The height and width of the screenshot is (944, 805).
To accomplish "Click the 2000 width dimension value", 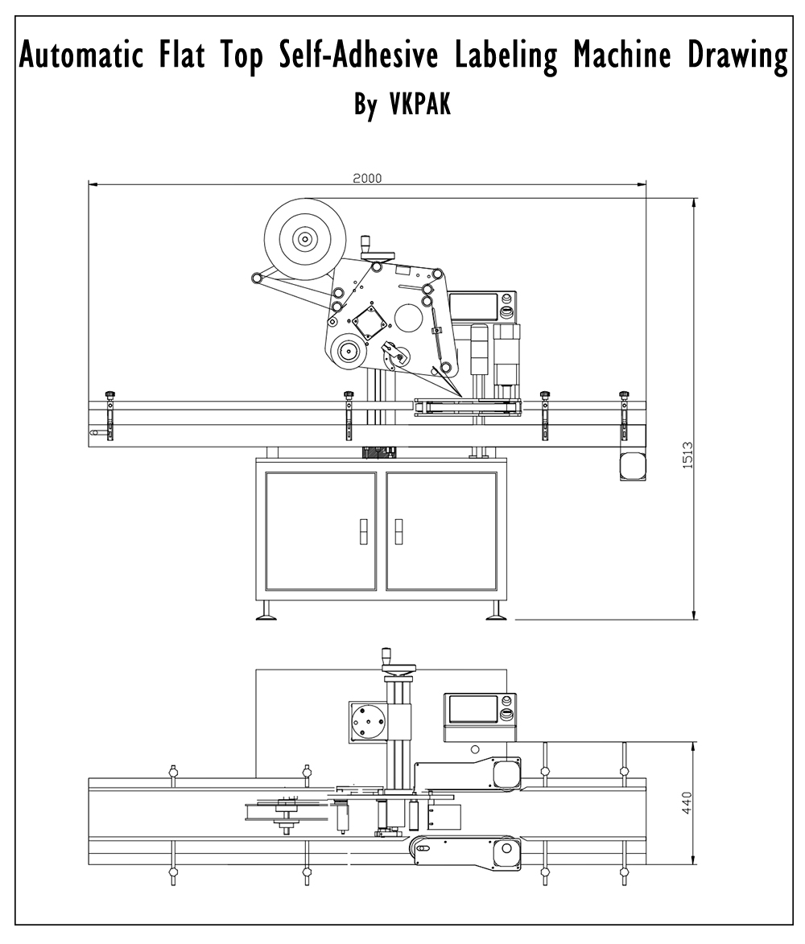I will click(x=367, y=178).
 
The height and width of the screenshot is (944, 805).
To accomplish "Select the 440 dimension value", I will click(x=687, y=802).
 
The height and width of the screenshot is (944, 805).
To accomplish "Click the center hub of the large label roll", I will click(x=304, y=238).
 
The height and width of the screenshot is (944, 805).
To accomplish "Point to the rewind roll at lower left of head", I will click(x=349, y=351).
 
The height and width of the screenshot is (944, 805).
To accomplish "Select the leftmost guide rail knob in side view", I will click(x=110, y=395).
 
